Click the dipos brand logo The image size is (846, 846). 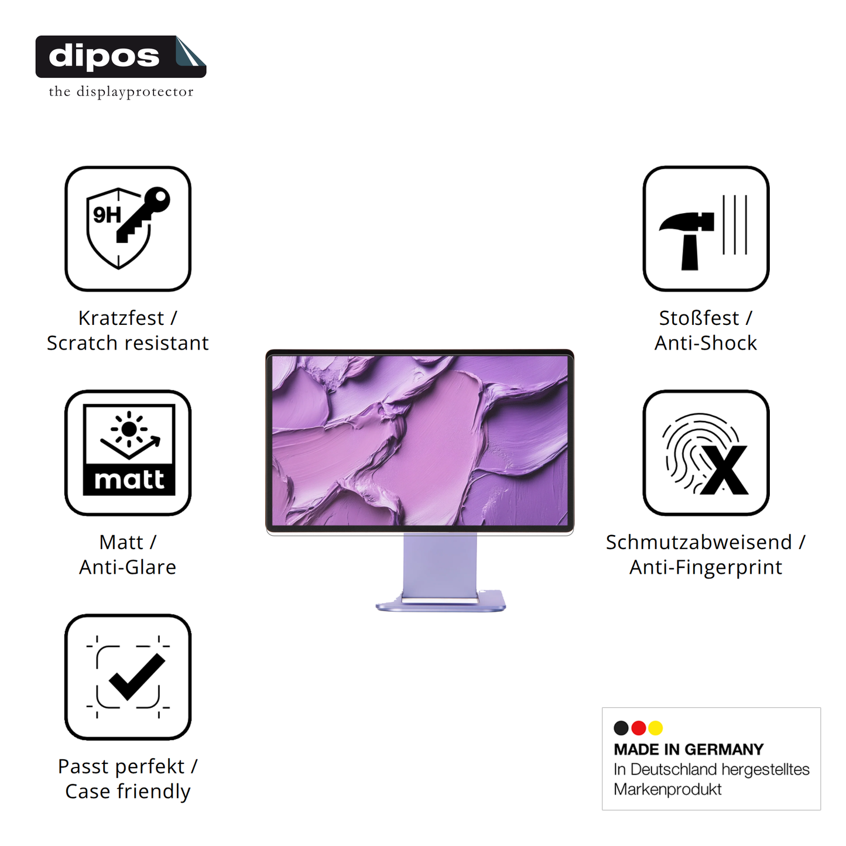pos(120,57)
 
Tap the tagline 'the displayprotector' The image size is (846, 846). pos(121,92)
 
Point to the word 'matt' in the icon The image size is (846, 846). pos(129,480)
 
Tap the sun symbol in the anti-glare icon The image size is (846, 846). pos(129,429)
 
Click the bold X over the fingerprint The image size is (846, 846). pos(725,470)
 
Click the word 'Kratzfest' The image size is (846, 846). pos(121,318)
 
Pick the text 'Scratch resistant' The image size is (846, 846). pos(128,343)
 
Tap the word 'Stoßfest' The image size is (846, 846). pos(698,318)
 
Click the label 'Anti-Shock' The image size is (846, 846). pos(705,343)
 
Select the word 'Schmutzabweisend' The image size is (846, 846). pos(698,542)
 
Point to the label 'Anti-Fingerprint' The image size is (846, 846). pos(705,567)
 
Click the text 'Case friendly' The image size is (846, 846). pos(128,792)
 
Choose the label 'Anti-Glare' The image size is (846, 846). pos(128,567)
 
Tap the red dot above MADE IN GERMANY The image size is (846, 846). pos(639,728)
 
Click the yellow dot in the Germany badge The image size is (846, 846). pos(656,728)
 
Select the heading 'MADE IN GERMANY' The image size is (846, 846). pos(689,749)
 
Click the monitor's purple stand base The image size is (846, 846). pos(440,604)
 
